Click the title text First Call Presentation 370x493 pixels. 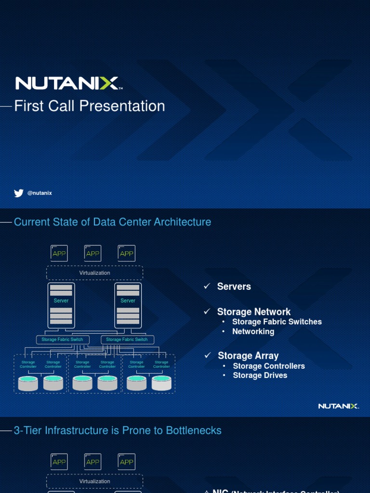90,106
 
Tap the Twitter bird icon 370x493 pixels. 19,193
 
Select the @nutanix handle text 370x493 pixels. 40,193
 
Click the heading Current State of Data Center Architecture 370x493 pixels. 112,222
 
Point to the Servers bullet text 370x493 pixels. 234,286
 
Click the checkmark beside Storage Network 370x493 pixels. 207,311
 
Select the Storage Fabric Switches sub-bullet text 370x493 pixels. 277,322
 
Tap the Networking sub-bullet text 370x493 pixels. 253,331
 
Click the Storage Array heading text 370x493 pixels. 248,356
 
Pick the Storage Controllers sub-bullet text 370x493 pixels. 269,366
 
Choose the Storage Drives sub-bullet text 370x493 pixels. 260,376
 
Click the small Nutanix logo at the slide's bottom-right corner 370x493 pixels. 338,406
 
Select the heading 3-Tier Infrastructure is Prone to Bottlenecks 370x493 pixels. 118,430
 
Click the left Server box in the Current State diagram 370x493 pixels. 61,305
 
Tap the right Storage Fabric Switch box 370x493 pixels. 127,339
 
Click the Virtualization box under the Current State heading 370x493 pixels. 95,273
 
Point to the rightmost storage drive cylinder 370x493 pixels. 161,383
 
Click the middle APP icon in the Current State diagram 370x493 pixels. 93,253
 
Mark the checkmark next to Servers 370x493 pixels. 207,286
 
